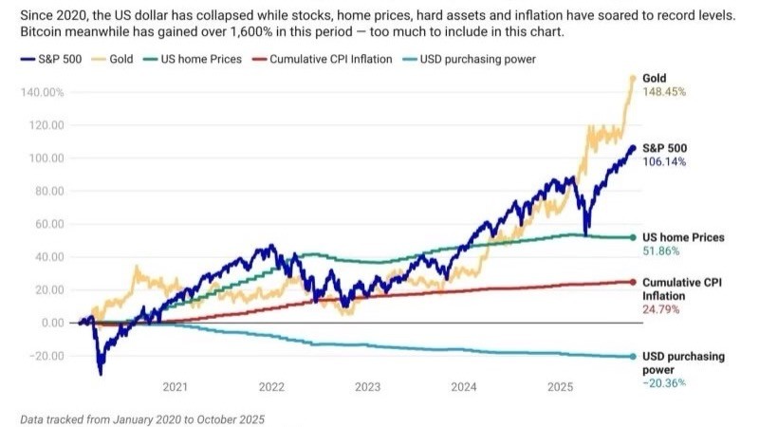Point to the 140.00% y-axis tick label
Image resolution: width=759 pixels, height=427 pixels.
coord(42,92)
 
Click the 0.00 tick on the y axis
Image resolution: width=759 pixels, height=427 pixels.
coord(51,323)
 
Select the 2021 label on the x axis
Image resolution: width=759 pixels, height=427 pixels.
coord(175,386)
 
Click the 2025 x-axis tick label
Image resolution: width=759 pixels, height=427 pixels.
coord(561,386)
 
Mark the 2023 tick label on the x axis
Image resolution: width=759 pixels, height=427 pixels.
coord(367,386)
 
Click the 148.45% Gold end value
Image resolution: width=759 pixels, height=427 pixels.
coord(663,92)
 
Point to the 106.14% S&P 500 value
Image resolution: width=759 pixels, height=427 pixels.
coord(663,161)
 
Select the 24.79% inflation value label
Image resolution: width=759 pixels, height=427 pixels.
coord(660,309)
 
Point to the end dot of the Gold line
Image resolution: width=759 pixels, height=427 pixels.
coord(632,78)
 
